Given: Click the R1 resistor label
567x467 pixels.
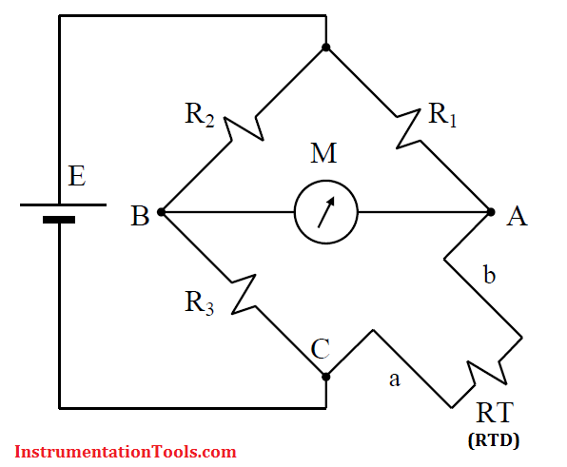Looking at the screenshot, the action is pos(442,115).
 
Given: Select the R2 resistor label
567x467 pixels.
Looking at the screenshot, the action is pos(200,115).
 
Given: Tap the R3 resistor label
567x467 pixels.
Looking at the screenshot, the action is pos(199,302).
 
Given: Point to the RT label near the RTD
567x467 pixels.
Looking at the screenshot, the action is pos(495,413).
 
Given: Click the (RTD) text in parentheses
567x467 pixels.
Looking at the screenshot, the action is pos(494,440).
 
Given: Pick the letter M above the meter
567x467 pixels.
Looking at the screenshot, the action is pos(323,153).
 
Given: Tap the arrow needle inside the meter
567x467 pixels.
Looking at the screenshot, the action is pos(326,212).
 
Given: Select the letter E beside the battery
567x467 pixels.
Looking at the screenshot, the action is pos(77,176).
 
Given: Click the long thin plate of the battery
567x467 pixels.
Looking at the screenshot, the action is pos(64,204).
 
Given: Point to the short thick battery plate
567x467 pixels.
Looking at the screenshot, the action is pos(59,220).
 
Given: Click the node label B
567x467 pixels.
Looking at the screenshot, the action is pos(140,216).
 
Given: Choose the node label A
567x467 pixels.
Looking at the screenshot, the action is pos(517,216).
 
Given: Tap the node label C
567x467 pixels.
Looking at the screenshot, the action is pos(321,348).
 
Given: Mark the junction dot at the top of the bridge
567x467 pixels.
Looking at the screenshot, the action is pos(325,48).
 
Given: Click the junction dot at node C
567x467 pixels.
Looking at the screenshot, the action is pos(325,377).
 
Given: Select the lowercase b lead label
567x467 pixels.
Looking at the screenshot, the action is pos(489,274).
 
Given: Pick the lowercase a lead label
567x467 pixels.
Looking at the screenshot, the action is pos(395,379).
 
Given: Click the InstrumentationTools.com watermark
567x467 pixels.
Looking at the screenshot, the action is pos(126,452).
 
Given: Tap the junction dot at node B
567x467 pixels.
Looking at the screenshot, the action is pos(162,212).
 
